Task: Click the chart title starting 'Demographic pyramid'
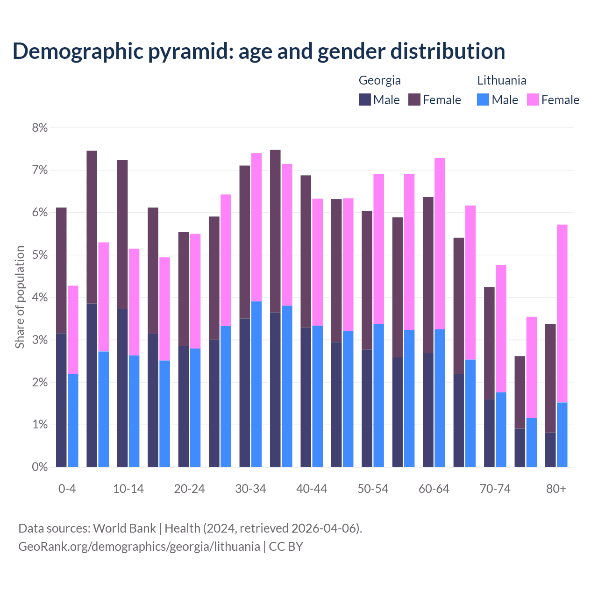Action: (x=258, y=51)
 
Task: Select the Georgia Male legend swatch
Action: (x=365, y=100)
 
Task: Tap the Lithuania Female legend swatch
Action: (x=533, y=100)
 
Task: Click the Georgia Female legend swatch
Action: (x=414, y=100)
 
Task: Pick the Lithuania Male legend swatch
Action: (x=483, y=100)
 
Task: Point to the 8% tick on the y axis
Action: (x=40, y=128)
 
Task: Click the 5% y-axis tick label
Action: (x=40, y=255)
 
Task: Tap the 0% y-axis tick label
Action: (x=40, y=467)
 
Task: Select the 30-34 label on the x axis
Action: (x=250, y=489)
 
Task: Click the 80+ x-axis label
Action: (x=556, y=489)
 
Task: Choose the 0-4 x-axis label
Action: (x=67, y=489)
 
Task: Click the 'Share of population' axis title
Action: (x=20, y=297)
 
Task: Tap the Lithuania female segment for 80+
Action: (x=562, y=313)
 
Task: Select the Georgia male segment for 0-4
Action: (x=61, y=400)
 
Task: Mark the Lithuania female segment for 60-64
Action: (x=440, y=243)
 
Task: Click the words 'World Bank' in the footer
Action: (x=124, y=528)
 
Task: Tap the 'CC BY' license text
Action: (x=286, y=546)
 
